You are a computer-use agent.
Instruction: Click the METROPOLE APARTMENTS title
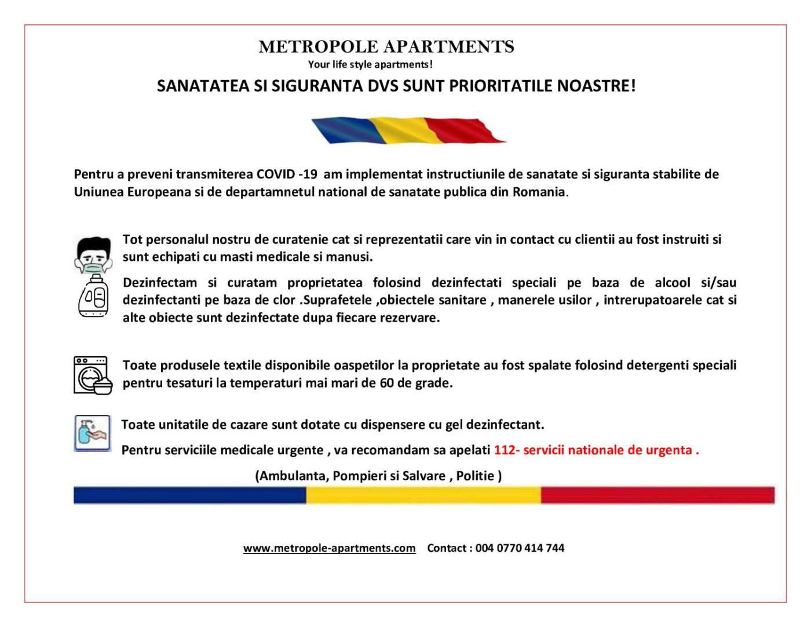click(x=386, y=46)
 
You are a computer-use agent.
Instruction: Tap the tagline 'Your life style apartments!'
click(x=370, y=64)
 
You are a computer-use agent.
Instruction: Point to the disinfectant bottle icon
click(x=93, y=296)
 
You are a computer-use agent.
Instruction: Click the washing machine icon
click(x=92, y=375)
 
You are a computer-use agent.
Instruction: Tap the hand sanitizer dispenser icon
click(x=92, y=433)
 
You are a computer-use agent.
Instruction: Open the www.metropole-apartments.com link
click(x=329, y=548)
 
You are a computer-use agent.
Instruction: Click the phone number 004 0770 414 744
click(x=520, y=548)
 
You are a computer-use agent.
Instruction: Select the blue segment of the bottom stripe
click(x=189, y=495)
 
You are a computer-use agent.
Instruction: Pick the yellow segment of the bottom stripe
click(x=423, y=495)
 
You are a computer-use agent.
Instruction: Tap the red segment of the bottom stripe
click(x=657, y=495)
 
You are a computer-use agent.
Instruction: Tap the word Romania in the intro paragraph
click(x=538, y=192)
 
